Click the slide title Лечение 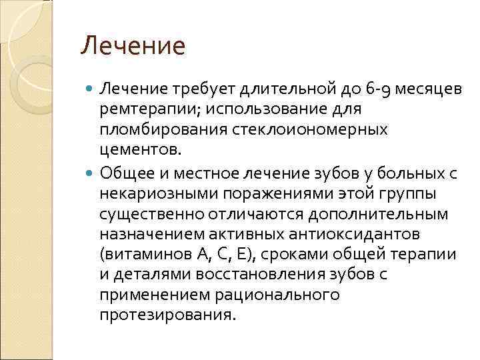(132, 47)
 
